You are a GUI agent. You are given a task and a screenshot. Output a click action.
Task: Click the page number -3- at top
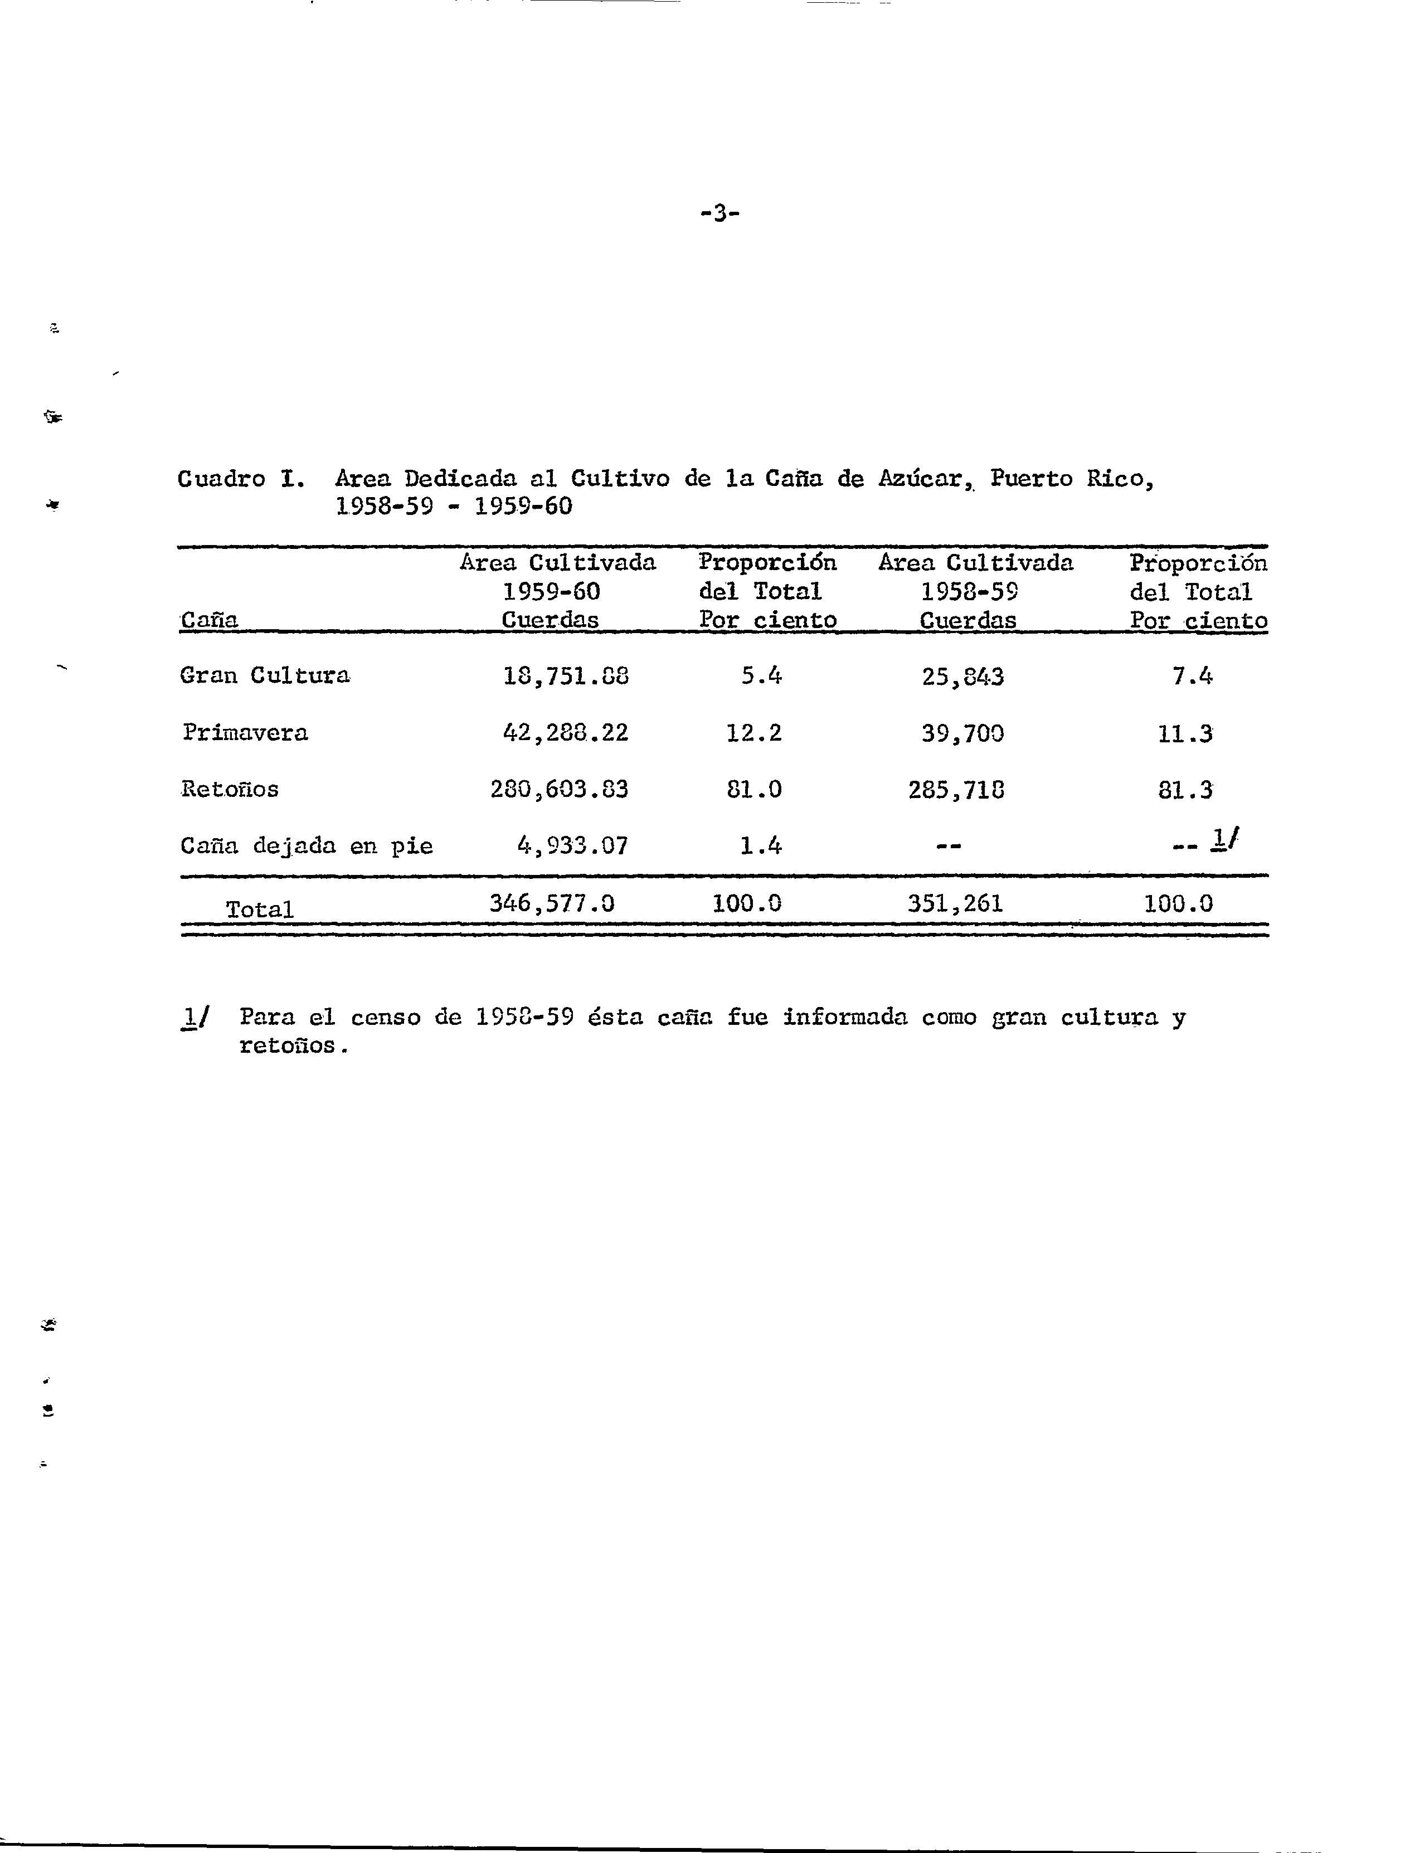719,213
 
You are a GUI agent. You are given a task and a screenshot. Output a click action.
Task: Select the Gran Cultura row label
265,675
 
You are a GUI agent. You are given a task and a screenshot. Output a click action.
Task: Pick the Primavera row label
245,733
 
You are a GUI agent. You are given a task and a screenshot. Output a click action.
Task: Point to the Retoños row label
230,789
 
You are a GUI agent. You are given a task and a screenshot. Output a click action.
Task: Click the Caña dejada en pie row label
307,846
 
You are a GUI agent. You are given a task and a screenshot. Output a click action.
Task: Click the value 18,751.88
566,675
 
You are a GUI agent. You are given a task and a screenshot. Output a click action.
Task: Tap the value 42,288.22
565,733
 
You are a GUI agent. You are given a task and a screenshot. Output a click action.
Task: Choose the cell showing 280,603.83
559,789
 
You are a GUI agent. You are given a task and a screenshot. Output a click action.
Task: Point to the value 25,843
962,675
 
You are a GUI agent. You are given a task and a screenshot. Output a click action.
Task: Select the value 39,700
962,733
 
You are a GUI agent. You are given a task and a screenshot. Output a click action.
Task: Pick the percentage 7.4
1192,675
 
